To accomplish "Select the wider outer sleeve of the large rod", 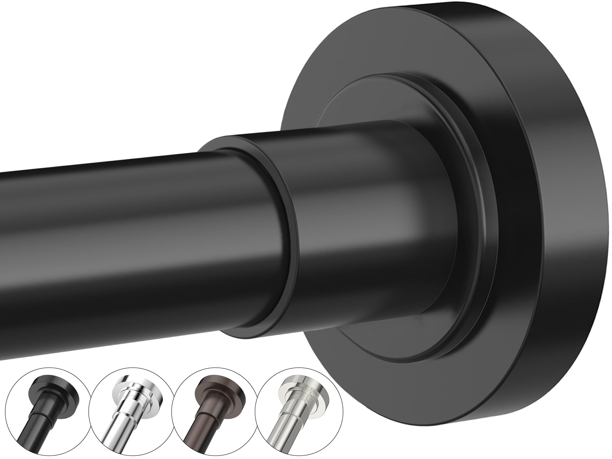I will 348,223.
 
